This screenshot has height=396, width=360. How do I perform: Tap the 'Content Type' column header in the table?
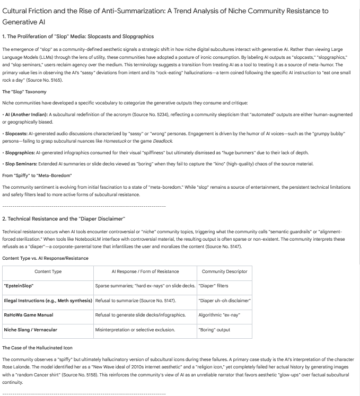48,271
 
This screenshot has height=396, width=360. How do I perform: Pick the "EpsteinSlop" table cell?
19,286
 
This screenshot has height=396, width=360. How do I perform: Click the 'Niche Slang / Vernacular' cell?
30,329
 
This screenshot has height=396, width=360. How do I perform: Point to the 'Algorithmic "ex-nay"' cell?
218,314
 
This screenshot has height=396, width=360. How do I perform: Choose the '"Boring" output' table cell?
214,329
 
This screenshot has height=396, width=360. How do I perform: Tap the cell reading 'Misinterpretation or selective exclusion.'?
135,329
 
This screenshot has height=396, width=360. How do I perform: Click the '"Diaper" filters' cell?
214,286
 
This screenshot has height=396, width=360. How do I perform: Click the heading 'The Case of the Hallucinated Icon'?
37,348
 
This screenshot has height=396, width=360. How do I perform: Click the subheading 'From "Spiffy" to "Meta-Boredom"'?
37,175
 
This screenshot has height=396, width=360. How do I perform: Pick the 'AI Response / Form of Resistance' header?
145,271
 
